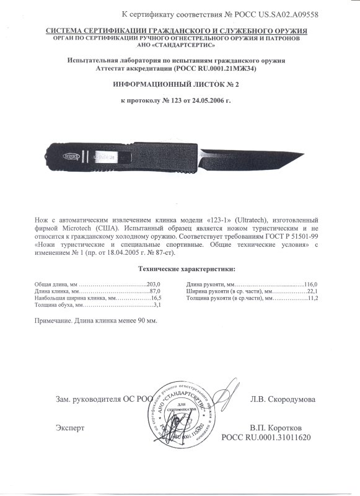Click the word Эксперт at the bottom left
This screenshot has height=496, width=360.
[x=69, y=428]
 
